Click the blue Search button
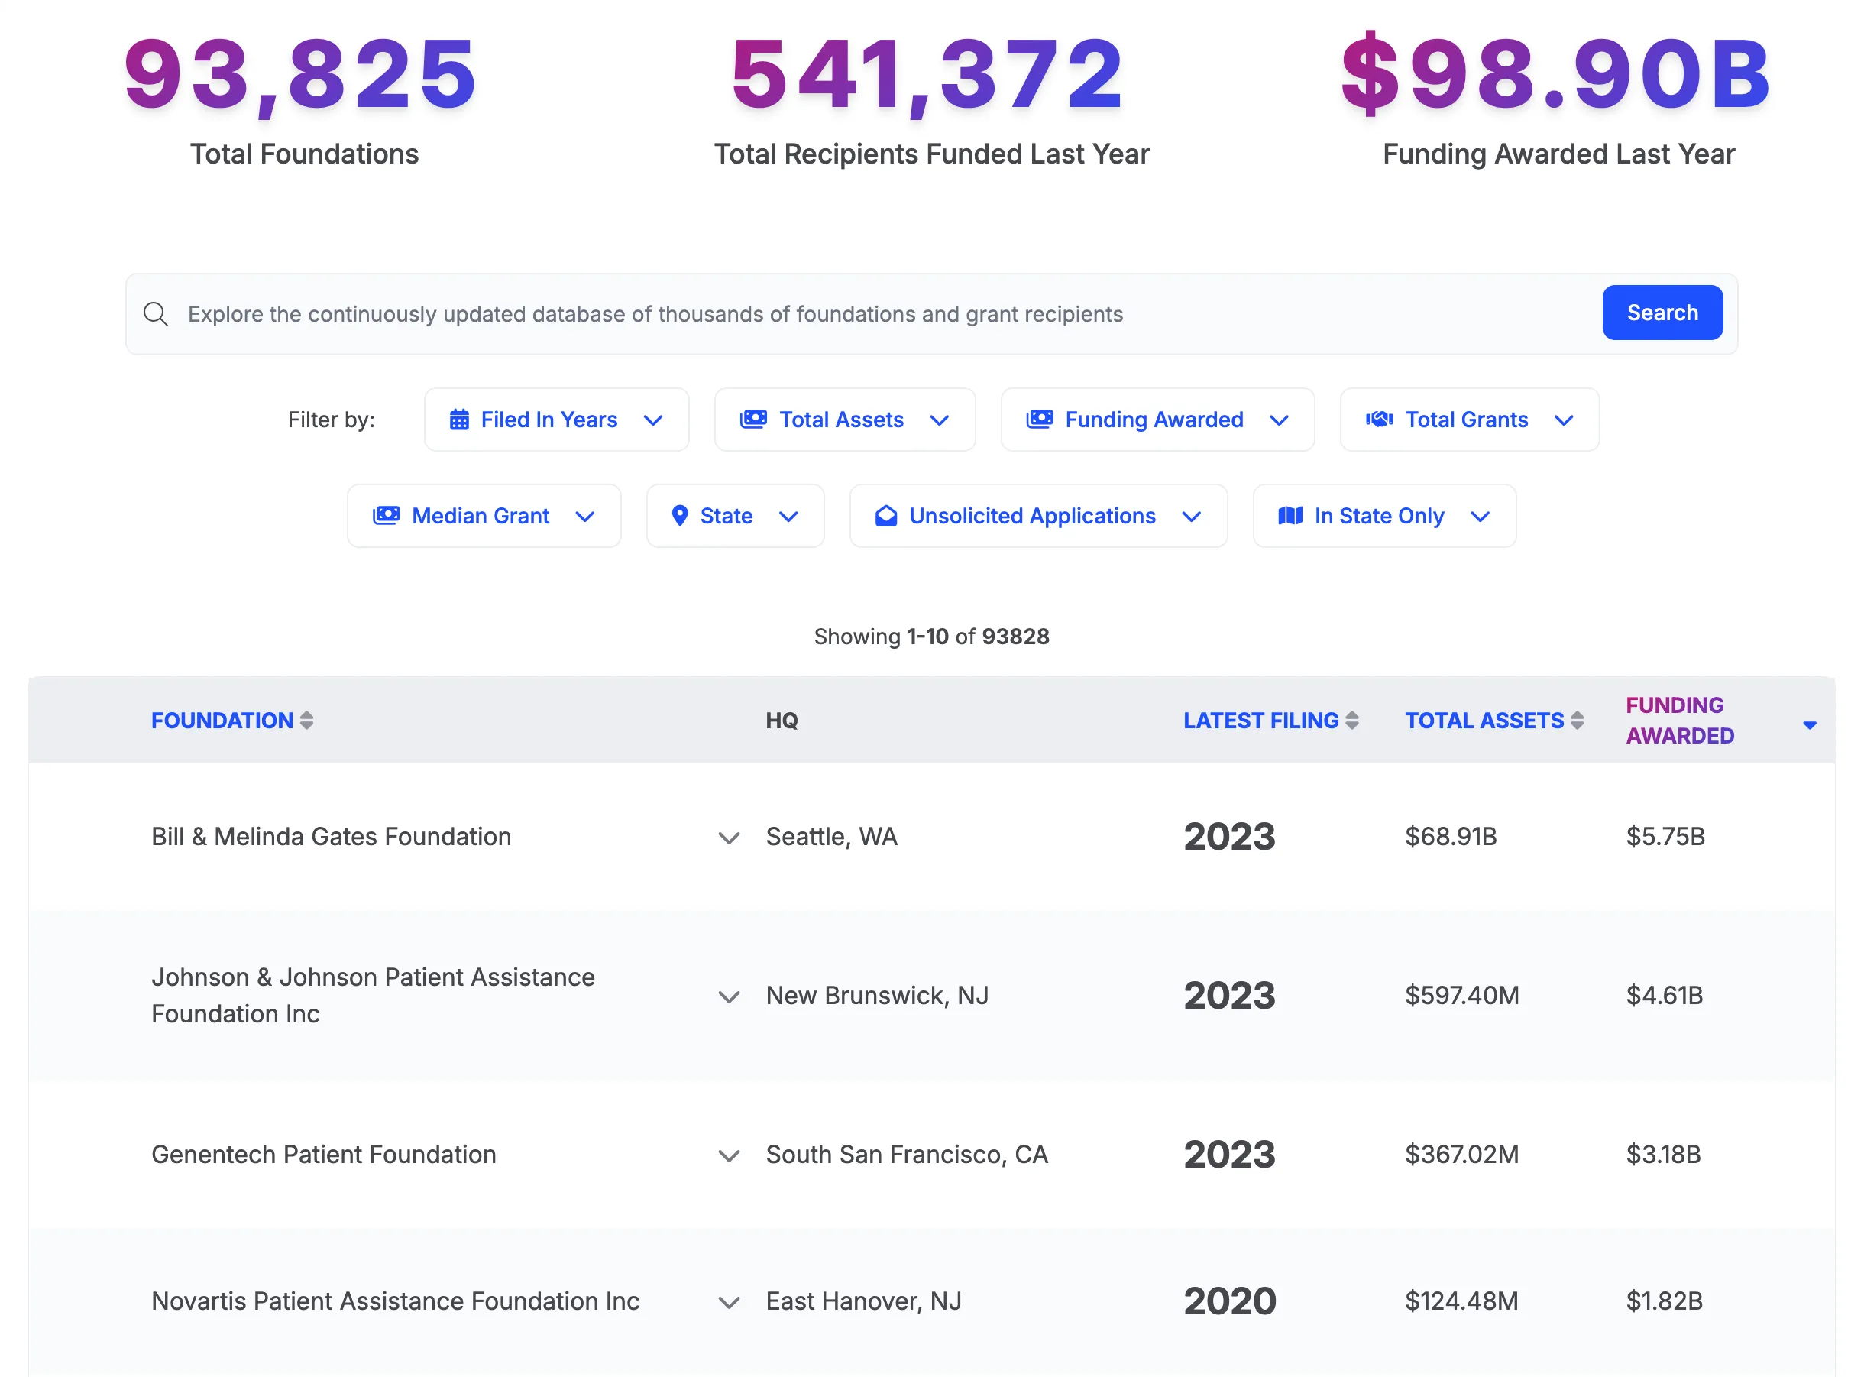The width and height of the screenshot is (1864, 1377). tap(1662, 313)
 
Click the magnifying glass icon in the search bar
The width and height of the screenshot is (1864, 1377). tap(156, 314)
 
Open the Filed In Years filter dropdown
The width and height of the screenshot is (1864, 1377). tap(556, 420)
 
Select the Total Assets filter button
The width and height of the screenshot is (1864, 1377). tap(844, 420)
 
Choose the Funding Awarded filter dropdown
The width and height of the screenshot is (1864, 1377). tap(1157, 420)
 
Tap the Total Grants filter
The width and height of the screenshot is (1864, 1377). tap(1468, 420)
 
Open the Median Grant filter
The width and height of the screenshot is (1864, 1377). tap(484, 516)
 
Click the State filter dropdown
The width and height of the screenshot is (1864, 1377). tap(734, 516)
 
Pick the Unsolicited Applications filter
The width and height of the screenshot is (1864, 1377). tap(1037, 516)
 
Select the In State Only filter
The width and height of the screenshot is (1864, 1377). tap(1383, 516)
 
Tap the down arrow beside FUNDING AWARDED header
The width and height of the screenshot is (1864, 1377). tap(1809, 725)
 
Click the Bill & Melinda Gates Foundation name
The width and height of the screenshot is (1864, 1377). tap(331, 836)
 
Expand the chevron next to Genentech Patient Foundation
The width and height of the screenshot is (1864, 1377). tap(729, 1155)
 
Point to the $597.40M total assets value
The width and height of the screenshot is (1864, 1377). tap(1461, 995)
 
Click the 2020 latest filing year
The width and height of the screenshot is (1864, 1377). tap(1229, 1301)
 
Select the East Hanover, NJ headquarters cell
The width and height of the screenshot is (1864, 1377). tap(863, 1301)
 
